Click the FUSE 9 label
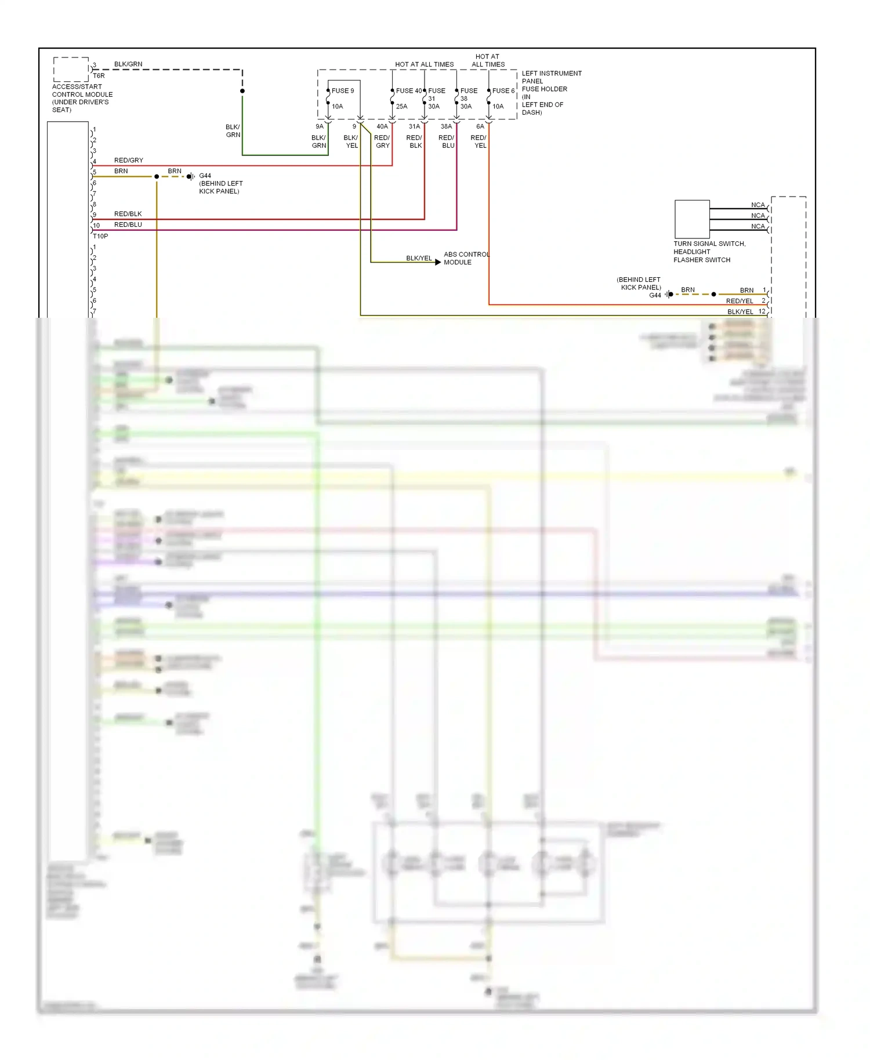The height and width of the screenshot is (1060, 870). click(x=342, y=91)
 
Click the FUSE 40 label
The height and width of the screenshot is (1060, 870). click(x=409, y=91)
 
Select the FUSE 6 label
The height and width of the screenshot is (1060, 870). click(x=503, y=91)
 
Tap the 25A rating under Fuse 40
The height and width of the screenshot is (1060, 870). click(x=401, y=107)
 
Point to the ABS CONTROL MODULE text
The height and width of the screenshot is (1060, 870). click(x=466, y=259)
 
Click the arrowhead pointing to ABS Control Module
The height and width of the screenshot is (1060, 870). click(x=438, y=263)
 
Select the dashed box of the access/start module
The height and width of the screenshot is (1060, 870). click(x=71, y=69)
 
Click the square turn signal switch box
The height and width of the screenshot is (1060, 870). click(x=692, y=219)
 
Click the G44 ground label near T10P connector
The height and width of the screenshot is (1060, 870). click(x=205, y=176)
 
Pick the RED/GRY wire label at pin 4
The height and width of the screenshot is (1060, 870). click(x=128, y=161)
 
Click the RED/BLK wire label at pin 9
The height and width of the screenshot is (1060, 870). click(x=128, y=214)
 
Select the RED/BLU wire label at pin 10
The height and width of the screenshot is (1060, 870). click(x=128, y=225)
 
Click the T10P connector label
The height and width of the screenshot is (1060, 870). click(x=100, y=236)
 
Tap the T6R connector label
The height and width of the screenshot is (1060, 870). click(x=99, y=76)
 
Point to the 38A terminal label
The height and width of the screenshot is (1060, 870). click(x=445, y=126)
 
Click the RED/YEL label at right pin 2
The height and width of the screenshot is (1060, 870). click(x=739, y=301)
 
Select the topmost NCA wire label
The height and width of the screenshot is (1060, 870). click(x=757, y=205)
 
